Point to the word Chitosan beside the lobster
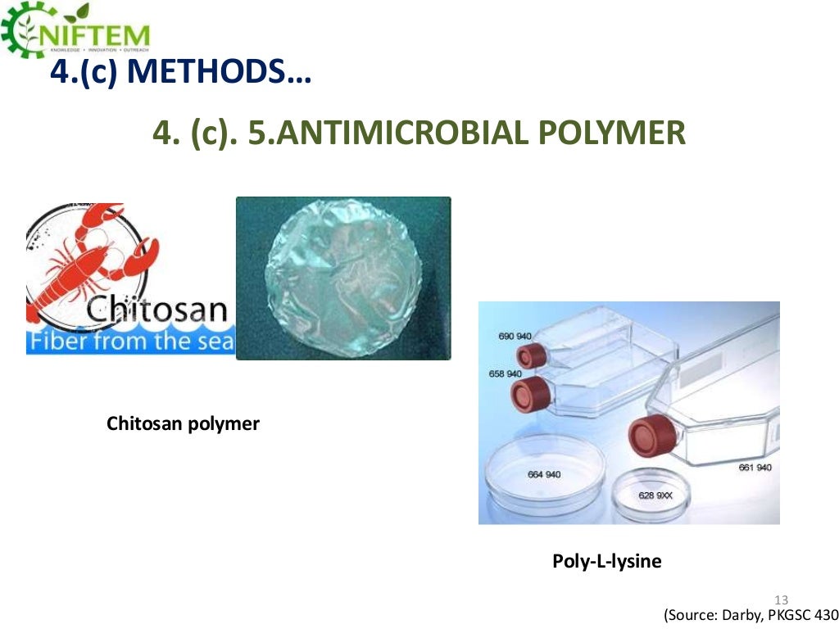click(x=156, y=310)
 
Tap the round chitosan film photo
click(x=343, y=278)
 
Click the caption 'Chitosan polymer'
click(x=183, y=424)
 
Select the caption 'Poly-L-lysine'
click(x=606, y=562)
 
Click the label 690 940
click(x=515, y=336)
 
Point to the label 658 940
click(x=506, y=373)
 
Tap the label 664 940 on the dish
click(x=544, y=475)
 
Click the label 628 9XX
click(x=655, y=496)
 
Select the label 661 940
click(x=755, y=468)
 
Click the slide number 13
click(x=780, y=599)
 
